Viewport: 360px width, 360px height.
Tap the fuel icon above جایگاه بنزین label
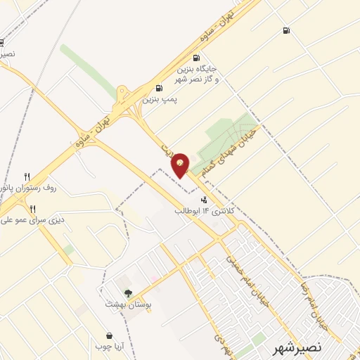(195, 58)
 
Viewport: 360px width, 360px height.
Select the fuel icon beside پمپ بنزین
(159, 88)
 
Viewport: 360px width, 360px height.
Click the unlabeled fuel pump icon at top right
(285, 30)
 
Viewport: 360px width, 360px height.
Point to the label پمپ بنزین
(159, 100)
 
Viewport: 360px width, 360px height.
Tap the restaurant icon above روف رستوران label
(27, 176)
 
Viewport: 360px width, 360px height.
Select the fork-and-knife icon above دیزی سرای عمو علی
(32, 208)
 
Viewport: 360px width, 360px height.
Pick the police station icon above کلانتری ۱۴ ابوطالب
(204, 200)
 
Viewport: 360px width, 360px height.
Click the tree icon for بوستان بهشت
(128, 293)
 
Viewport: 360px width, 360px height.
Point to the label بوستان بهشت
(124, 304)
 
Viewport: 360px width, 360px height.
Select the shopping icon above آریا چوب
(109, 336)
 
